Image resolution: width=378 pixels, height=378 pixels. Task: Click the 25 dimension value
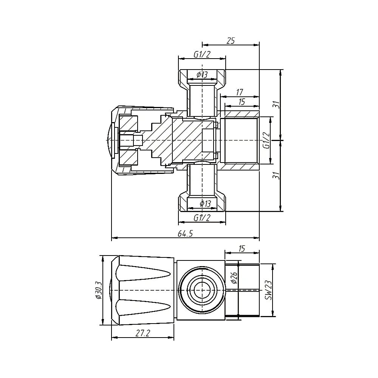231,40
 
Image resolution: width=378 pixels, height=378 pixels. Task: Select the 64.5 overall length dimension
185,234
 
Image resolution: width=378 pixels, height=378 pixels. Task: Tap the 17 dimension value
239,92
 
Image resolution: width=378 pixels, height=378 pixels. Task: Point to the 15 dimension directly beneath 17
241,101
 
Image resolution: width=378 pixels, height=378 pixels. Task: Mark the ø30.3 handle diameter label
98,290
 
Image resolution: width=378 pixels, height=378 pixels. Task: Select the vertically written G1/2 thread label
266,141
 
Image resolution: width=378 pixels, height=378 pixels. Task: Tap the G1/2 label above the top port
202,54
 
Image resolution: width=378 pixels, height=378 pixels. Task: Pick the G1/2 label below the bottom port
202,218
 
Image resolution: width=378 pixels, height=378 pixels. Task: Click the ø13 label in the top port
202,75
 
